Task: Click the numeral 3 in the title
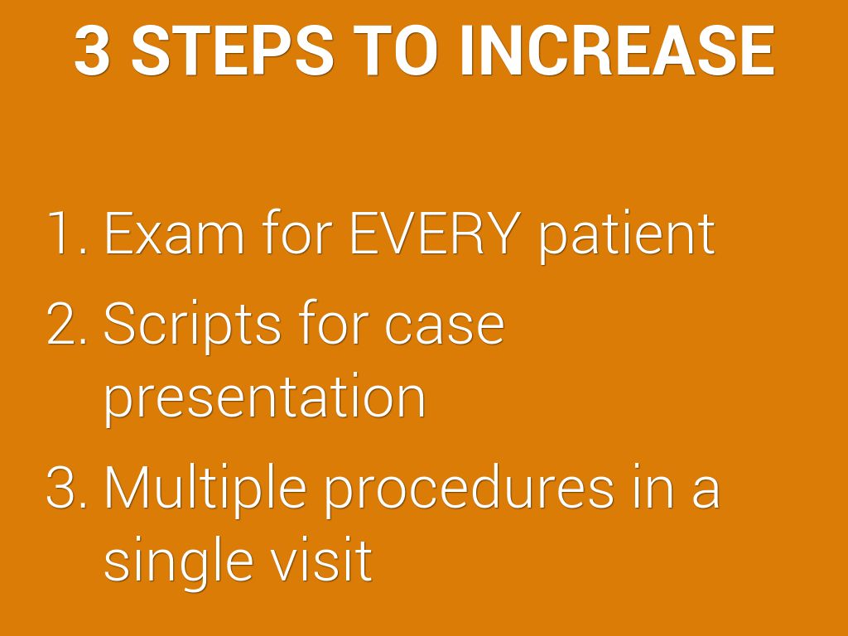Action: tap(92, 51)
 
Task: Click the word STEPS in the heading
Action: tap(232, 51)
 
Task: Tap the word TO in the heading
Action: tap(394, 51)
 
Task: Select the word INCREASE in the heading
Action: tap(617, 51)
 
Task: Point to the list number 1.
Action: tap(66, 233)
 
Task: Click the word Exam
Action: tap(174, 233)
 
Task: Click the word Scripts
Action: tap(192, 327)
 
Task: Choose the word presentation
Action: tap(264, 399)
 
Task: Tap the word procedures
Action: tap(469, 490)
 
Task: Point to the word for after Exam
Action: tap(297, 233)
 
